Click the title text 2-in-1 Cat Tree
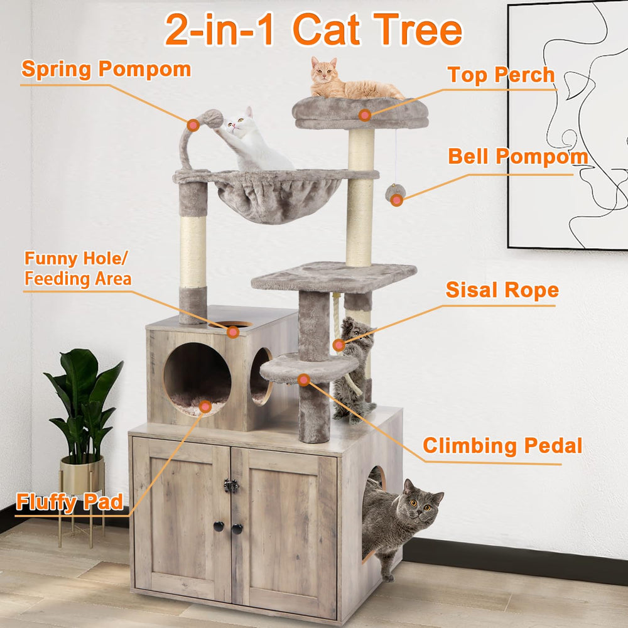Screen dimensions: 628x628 [x=313, y=29]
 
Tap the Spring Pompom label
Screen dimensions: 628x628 [x=106, y=68]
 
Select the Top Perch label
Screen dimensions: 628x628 [x=501, y=75]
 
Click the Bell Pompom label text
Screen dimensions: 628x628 [x=517, y=156]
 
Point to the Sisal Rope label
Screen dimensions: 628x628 [x=502, y=290]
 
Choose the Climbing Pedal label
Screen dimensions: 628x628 [x=502, y=445]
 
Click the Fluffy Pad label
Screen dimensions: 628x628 [x=69, y=502]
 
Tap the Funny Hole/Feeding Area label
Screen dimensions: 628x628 [x=78, y=269]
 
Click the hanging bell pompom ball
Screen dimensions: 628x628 [x=395, y=193]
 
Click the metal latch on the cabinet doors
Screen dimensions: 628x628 [x=231, y=485]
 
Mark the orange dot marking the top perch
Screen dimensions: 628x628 [x=364, y=114]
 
